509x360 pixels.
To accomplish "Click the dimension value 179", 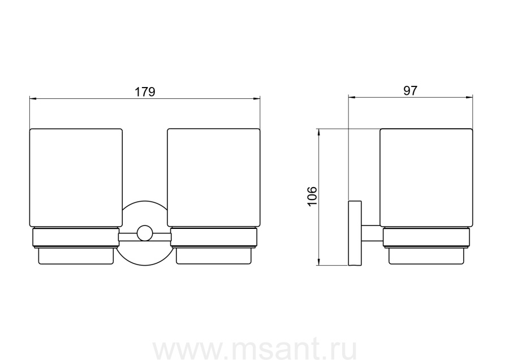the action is tap(145, 92).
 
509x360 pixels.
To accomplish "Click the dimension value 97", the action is tap(411, 90).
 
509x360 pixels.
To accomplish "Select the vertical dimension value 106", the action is tap(312, 196).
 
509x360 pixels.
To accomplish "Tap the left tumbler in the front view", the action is tap(76, 177).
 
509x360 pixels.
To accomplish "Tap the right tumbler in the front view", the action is tap(214, 177).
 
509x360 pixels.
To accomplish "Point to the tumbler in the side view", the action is tap(426, 177).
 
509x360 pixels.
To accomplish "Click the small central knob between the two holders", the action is tap(145, 233).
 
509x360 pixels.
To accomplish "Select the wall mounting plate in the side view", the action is tap(355, 233).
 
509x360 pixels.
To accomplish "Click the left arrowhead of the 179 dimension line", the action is tap(32, 98).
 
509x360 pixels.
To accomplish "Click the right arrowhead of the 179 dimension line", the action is tap(258, 98).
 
